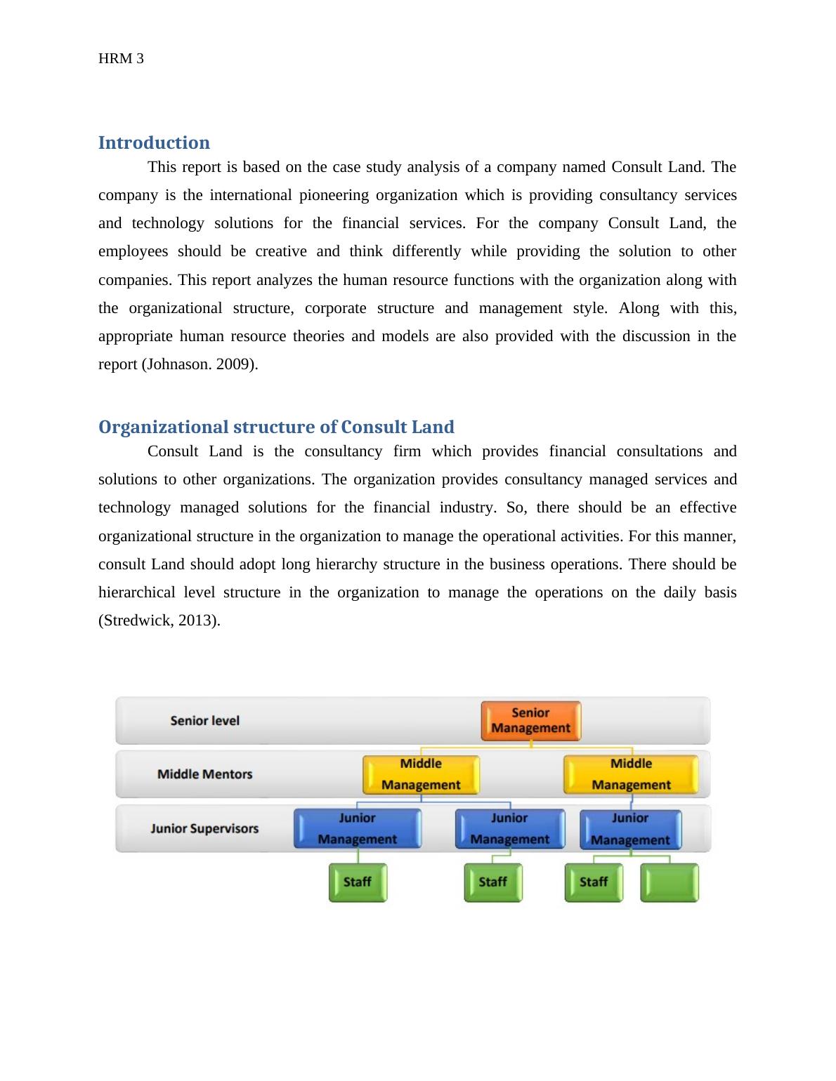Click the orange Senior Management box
[x=530, y=721]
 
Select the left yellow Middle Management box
[x=421, y=774]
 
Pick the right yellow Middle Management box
[x=631, y=774]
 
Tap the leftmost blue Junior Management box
[x=357, y=828]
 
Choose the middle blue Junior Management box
[x=509, y=828]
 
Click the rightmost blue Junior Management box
[x=630, y=829]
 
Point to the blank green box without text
[x=670, y=882]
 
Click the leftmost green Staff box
[x=358, y=882]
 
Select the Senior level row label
[x=204, y=721]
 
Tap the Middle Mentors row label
[x=204, y=774]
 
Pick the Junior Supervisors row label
[x=204, y=828]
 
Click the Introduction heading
[x=154, y=142]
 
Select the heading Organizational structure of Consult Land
[x=276, y=427]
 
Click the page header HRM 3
[x=121, y=58]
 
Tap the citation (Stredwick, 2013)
[x=159, y=621]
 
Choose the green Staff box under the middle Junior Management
[x=492, y=882]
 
